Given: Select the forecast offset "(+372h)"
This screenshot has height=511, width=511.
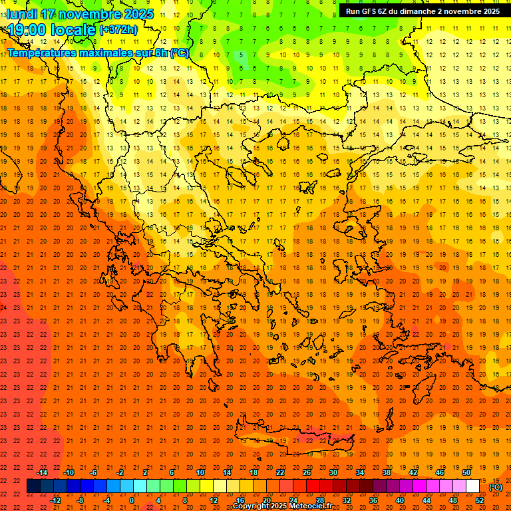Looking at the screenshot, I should click(x=118, y=30).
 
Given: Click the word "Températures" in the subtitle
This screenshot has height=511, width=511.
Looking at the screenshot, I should click(x=42, y=53).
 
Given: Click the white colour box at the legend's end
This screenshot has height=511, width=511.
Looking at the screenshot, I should click(x=472, y=486).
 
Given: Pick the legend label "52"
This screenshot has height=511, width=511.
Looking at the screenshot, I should click(x=480, y=500).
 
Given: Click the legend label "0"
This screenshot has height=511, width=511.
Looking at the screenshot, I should click(x=132, y=500).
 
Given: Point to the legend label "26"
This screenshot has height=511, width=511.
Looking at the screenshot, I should click(x=307, y=472).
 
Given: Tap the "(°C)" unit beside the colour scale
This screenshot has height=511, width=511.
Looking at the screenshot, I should click(x=496, y=487).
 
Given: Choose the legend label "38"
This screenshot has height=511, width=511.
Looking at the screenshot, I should click(x=387, y=472).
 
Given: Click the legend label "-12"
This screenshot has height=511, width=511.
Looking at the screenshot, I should click(x=56, y=500).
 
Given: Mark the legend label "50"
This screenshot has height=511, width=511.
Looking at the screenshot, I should click(x=466, y=472).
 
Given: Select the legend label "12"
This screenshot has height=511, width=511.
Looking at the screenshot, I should click(x=214, y=500).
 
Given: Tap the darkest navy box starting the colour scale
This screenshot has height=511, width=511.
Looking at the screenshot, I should click(x=33, y=486).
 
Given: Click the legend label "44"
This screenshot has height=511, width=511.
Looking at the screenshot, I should click(x=426, y=500).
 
